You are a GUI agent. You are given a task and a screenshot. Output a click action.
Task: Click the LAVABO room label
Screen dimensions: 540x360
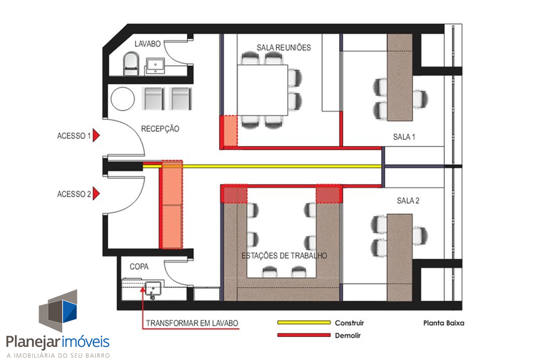tap(148, 44)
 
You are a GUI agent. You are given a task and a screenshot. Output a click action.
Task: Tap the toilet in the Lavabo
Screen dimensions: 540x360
tap(131, 64)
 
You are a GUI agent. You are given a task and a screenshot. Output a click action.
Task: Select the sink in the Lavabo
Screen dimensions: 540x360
tap(156, 65)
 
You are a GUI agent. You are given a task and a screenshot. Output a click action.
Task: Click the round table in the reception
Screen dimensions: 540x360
tap(122, 99)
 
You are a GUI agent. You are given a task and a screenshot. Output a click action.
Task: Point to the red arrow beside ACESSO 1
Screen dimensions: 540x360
tap(96, 135)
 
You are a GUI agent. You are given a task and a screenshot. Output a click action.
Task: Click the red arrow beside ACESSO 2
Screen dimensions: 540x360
tap(96, 193)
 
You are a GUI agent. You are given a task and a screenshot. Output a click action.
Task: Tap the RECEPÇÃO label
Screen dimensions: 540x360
tap(160, 129)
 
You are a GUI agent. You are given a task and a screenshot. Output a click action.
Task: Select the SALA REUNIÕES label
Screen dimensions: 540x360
tap(284, 47)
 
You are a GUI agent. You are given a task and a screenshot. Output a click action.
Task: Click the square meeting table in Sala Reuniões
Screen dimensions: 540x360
tap(263, 90)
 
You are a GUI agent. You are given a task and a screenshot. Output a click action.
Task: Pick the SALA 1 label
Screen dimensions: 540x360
tap(404, 137)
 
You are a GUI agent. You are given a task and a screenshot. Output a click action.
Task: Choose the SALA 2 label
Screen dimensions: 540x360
tap(408, 201)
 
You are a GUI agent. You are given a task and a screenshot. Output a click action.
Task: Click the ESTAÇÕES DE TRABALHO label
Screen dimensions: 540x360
tap(284, 256)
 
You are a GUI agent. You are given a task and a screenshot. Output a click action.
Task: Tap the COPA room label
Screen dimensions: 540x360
tap(139, 266)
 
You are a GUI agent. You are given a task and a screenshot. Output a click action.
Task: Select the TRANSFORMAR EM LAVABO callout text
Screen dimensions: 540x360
tap(192, 323)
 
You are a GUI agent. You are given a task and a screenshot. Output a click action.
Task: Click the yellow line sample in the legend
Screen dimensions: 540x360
tap(304, 323)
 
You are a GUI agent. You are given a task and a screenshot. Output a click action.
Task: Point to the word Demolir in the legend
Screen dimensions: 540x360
tap(348, 335)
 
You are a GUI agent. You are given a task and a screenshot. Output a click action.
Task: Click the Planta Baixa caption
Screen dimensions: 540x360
tap(443, 323)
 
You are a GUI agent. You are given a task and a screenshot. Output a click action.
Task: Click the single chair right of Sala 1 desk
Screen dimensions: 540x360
tap(420, 99)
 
